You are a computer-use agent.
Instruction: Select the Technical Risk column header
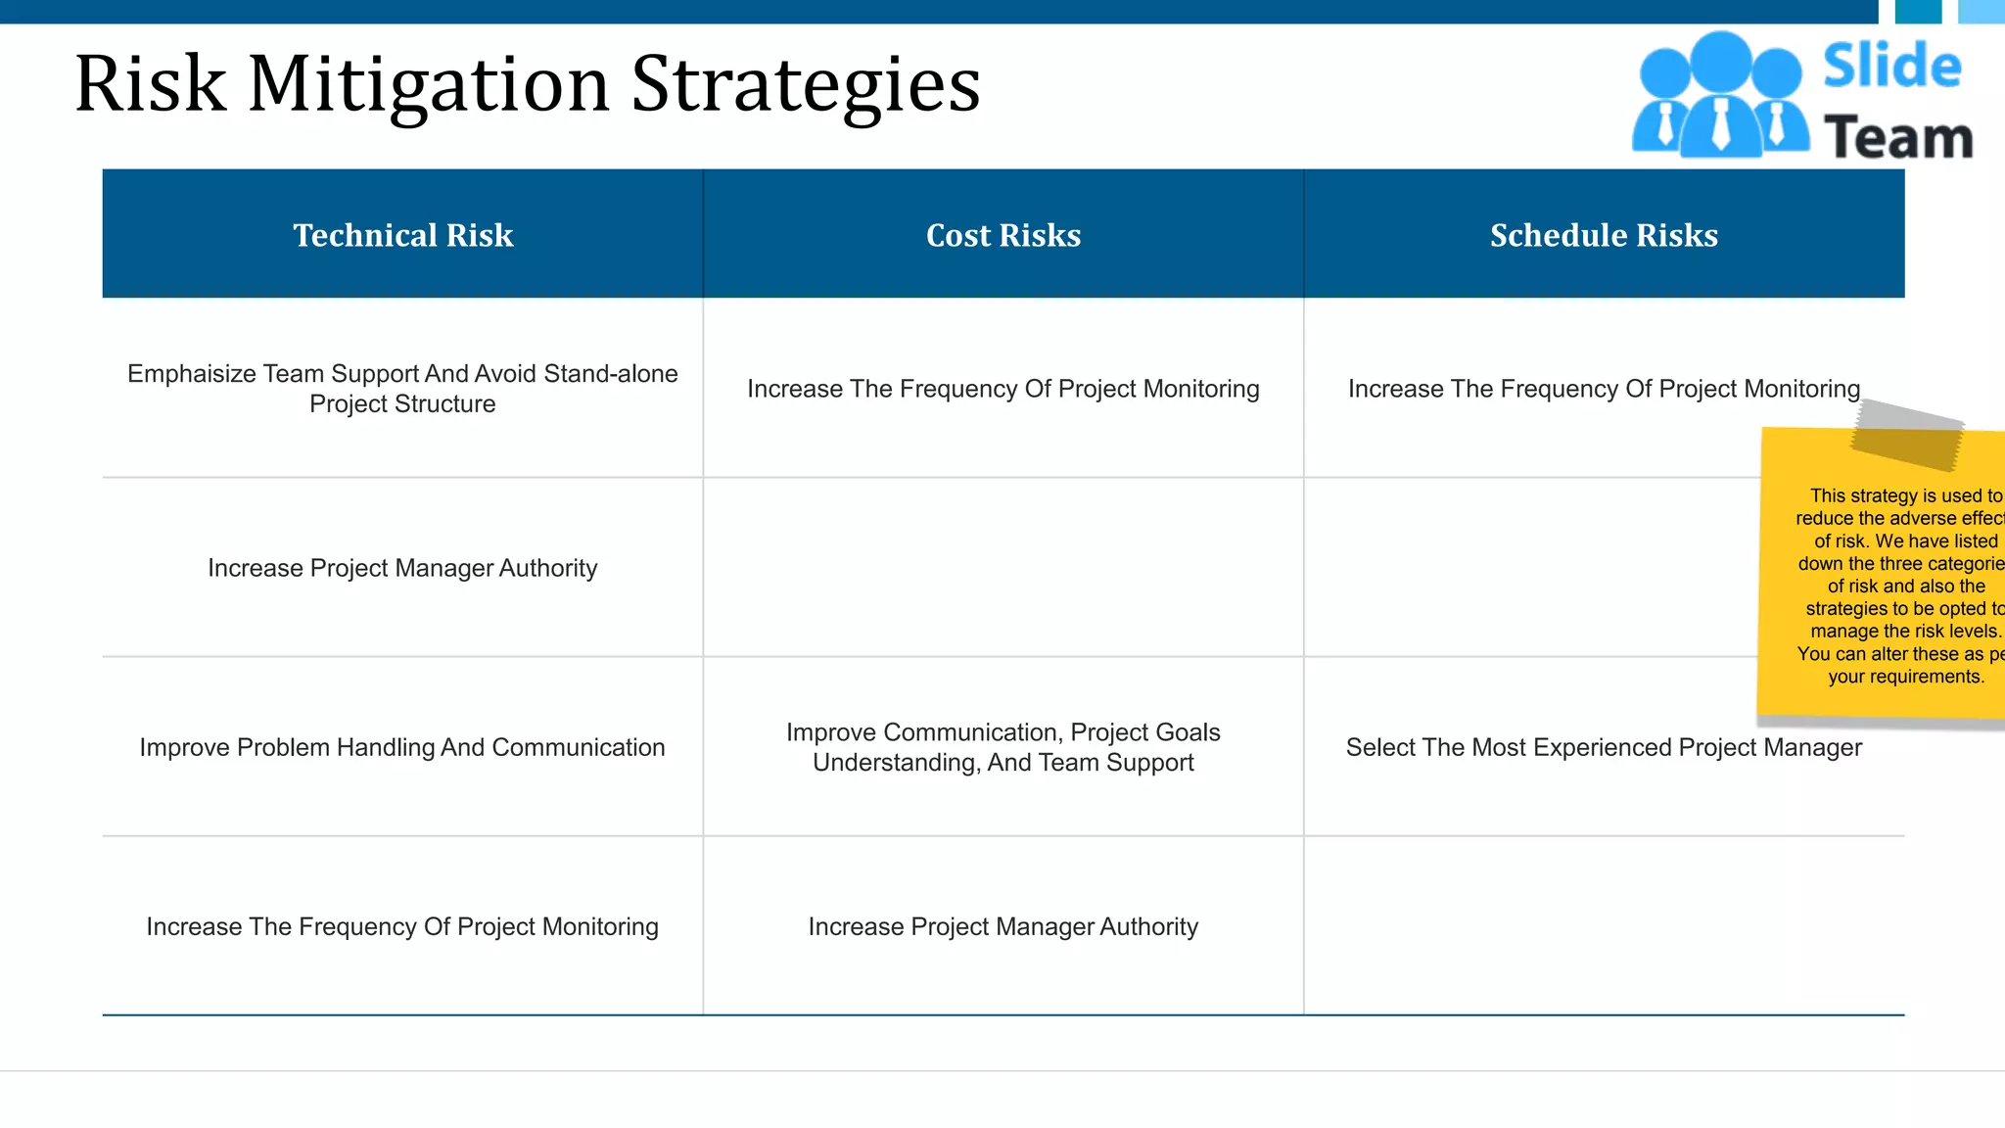402,235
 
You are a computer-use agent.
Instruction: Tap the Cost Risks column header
1003,235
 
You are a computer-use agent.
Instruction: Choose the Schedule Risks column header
1604,235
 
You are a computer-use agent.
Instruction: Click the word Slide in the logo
1891,67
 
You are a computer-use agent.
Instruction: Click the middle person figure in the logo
1721,93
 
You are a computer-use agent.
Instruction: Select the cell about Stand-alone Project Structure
402,389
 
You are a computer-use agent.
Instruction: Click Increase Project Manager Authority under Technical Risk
402,568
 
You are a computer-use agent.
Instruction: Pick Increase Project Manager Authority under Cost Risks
1003,926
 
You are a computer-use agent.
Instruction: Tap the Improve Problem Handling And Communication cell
402,747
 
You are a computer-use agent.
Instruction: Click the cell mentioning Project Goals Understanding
1003,747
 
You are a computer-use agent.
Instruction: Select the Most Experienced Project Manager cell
1604,747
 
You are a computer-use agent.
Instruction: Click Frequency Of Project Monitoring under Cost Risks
1003,389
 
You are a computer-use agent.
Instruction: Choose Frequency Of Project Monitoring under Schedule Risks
1604,389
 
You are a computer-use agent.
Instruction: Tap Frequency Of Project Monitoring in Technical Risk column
402,926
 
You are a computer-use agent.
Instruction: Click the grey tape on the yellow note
1907,435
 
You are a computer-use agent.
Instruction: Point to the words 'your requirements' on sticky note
1905,677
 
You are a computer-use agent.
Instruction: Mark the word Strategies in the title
805,86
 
